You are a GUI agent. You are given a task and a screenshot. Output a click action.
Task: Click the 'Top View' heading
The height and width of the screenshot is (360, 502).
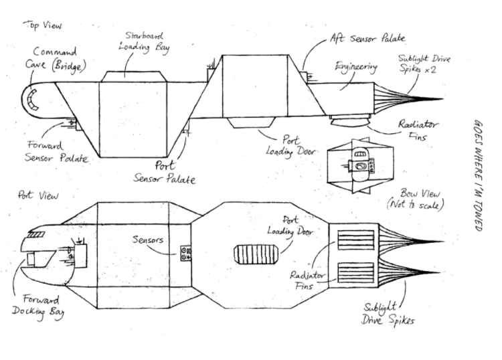coord(43,25)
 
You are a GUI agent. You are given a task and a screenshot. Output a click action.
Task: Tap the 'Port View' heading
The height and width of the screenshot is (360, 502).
coord(38,195)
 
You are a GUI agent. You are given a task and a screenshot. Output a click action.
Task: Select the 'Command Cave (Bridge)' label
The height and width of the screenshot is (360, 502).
coord(56,59)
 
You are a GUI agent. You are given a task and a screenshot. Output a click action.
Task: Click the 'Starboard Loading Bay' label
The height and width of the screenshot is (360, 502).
coord(144,42)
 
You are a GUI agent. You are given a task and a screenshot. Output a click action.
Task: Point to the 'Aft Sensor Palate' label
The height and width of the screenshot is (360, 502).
coord(368,38)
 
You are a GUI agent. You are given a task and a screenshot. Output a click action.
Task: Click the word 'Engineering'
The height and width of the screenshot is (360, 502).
coord(356,67)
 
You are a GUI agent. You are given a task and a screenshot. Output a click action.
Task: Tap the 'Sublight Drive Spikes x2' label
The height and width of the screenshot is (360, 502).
coord(424,64)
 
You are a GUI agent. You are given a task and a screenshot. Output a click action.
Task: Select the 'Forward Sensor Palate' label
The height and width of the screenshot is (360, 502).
coord(56,151)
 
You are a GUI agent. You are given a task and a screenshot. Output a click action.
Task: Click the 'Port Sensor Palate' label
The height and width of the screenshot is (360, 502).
coord(165,172)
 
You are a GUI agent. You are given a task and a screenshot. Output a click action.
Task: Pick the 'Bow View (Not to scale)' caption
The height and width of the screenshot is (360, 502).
coord(416,199)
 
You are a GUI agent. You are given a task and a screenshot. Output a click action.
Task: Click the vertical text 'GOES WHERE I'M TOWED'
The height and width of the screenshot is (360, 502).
coord(478,175)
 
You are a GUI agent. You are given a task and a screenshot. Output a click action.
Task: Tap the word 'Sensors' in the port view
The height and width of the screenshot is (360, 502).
coord(148,239)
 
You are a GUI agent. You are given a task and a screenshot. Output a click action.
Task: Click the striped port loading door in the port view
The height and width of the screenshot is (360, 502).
coord(256,254)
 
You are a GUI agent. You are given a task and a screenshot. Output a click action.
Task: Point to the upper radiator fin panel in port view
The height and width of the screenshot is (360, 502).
coord(356,240)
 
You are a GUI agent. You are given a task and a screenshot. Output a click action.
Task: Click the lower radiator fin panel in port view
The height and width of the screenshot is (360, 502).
coord(356,272)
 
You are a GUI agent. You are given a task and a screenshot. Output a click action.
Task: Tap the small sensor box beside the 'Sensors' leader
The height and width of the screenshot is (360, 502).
coord(185,253)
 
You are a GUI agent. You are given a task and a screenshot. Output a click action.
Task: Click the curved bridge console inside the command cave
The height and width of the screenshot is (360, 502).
coord(33,99)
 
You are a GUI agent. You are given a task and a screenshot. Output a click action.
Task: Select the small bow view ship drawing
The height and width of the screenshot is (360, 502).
coord(361,166)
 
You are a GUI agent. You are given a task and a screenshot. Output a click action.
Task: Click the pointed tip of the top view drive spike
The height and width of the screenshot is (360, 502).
coord(443,99)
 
